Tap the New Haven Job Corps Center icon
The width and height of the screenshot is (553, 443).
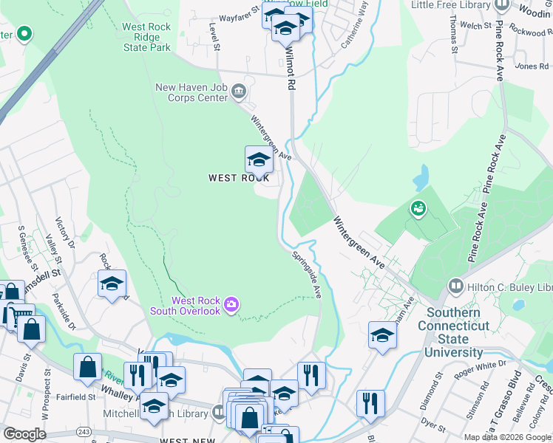238,92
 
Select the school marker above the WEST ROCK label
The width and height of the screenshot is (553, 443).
258,159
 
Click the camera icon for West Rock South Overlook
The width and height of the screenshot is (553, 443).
231,305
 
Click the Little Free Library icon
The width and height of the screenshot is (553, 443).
501,5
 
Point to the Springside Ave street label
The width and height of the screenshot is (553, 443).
307,272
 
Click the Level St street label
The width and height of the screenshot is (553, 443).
216,35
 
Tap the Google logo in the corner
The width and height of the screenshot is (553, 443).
24,434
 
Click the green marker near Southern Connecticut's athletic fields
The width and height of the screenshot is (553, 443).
417,209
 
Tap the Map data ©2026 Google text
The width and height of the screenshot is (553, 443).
507,437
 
